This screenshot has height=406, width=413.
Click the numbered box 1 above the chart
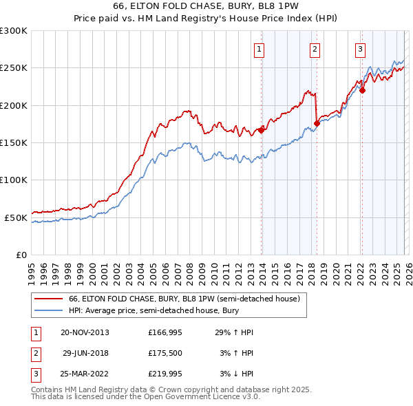click(259, 49)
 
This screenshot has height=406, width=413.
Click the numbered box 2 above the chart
click(314, 49)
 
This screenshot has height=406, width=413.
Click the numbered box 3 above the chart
click(360, 49)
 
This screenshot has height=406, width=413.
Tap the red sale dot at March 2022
click(362, 90)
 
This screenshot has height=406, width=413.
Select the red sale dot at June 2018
click(317, 123)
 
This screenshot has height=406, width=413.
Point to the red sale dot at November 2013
click(262, 129)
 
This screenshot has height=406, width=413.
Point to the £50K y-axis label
click(16, 217)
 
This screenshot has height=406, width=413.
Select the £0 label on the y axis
click(21, 255)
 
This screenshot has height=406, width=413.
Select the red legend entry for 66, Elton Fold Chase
click(183, 299)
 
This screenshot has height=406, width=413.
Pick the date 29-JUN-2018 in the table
click(85, 353)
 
